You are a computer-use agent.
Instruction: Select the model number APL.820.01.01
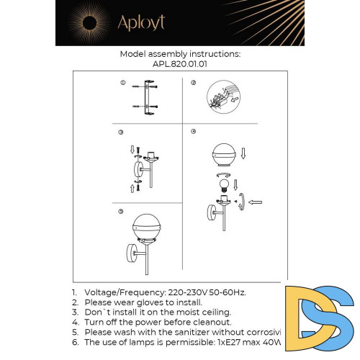(179, 63)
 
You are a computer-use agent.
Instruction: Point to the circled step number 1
(122, 84)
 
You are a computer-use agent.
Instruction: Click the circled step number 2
(193, 84)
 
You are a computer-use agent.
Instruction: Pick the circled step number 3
(122, 132)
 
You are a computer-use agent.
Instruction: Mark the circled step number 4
(193, 132)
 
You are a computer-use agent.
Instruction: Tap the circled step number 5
(121, 212)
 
